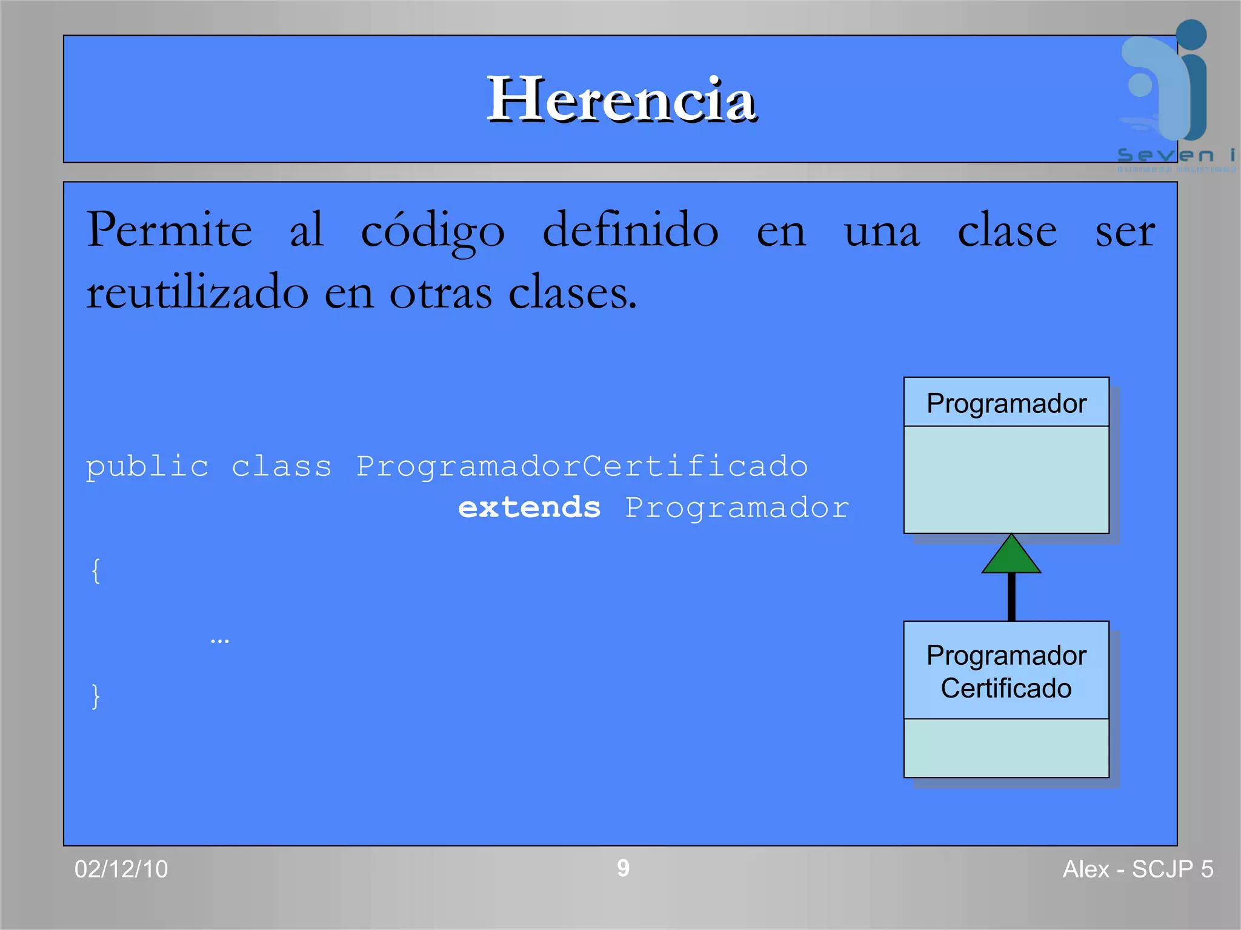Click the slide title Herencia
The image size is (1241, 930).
pyautogui.click(x=622, y=99)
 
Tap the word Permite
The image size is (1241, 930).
pyautogui.click(x=169, y=231)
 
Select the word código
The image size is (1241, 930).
pyautogui.click(x=433, y=231)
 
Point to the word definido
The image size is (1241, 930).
pyautogui.click(x=630, y=231)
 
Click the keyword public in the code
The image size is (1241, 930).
pyautogui.click(x=147, y=467)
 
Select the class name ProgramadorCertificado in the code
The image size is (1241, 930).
pyautogui.click(x=582, y=467)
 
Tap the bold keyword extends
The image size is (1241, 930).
pyautogui.click(x=529, y=507)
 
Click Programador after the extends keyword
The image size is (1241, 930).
pyautogui.click(x=737, y=507)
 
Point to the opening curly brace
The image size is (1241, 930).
pyautogui.click(x=96, y=570)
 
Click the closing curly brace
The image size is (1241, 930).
pyautogui.click(x=96, y=696)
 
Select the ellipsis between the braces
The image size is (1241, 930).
pyautogui.click(x=219, y=641)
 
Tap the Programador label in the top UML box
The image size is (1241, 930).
pyautogui.click(x=1006, y=404)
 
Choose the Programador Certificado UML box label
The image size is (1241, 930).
pyautogui.click(x=1006, y=671)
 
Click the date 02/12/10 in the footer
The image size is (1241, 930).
pyautogui.click(x=121, y=869)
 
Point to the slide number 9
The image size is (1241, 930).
pyautogui.click(x=623, y=868)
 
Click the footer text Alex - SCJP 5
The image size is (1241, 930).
pyautogui.click(x=1137, y=869)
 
